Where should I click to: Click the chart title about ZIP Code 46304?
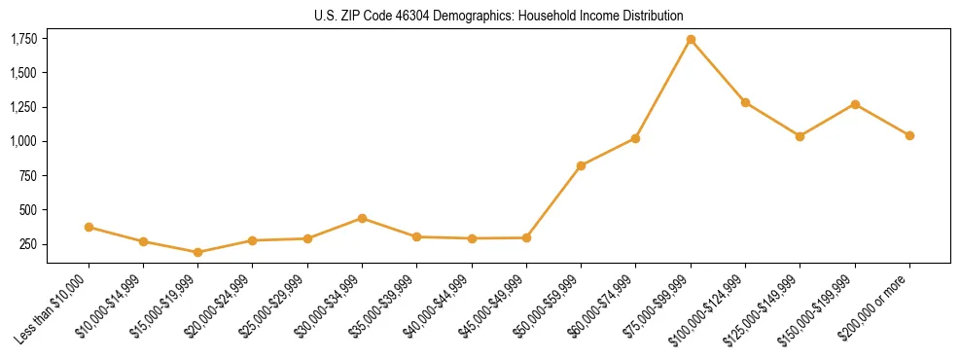(499, 17)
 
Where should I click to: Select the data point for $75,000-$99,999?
(691, 40)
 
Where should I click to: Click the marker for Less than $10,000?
(89, 227)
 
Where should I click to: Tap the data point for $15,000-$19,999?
(198, 252)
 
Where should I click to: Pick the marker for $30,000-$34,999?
(362, 218)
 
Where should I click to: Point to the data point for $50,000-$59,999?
(581, 165)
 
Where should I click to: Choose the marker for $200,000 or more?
(909, 135)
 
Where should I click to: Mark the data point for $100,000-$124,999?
(745, 102)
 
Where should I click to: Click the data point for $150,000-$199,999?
(855, 104)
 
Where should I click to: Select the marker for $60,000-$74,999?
(635, 138)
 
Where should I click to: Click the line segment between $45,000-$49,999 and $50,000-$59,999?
(553, 201)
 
